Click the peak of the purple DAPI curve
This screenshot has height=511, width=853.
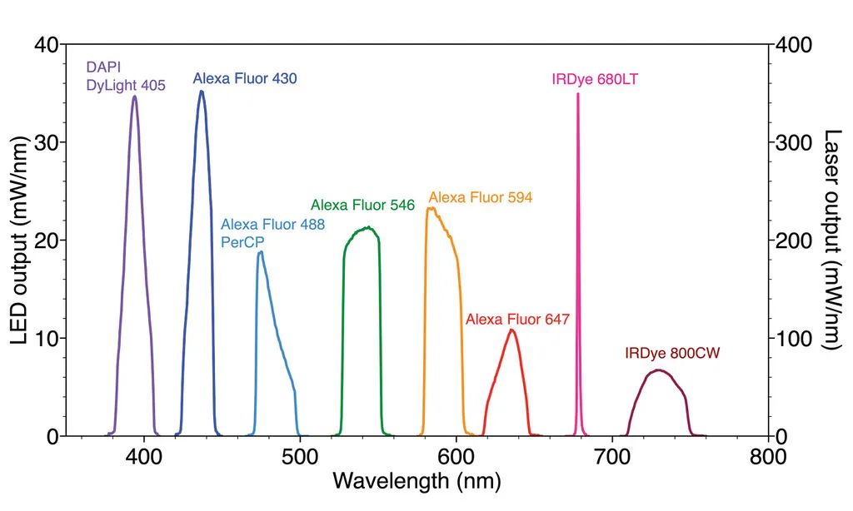pyautogui.click(x=134, y=97)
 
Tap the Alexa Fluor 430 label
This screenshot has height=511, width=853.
pyautogui.click(x=245, y=79)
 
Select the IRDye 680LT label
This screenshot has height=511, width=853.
pyautogui.click(x=595, y=80)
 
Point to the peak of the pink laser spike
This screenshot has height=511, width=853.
pyautogui.click(x=577, y=95)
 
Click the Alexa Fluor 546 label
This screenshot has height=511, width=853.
pyautogui.click(x=362, y=205)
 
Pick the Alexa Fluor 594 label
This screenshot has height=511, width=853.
pyautogui.click(x=480, y=198)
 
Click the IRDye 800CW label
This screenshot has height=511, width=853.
pyautogui.click(x=672, y=353)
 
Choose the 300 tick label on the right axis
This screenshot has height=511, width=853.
pyautogui.click(x=793, y=142)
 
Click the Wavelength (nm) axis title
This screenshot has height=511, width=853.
pyautogui.click(x=417, y=481)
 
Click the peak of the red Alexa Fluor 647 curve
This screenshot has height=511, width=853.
pyautogui.click(x=512, y=330)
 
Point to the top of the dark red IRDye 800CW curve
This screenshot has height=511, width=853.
pyautogui.click(x=659, y=370)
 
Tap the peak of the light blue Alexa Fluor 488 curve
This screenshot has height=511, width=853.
pyautogui.click(x=261, y=252)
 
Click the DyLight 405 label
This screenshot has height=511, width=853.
pyautogui.click(x=127, y=85)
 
